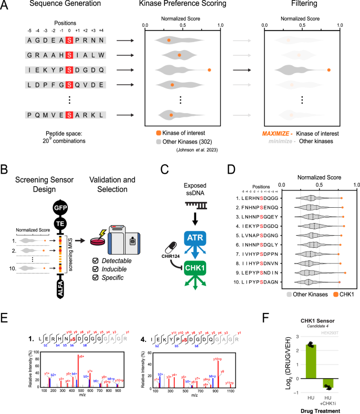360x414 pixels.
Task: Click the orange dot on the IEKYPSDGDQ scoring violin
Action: (x=209, y=69)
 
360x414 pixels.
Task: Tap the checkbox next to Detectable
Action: (x=96, y=261)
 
